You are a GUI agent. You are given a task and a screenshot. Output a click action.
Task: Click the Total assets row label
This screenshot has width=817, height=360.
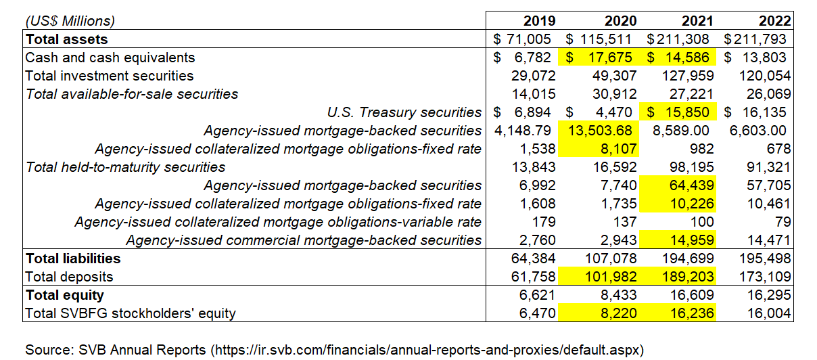click(x=67, y=39)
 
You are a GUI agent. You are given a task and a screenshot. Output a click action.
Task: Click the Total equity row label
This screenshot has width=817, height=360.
click(x=64, y=294)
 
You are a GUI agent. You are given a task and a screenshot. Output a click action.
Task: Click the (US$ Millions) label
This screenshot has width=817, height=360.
click(x=70, y=21)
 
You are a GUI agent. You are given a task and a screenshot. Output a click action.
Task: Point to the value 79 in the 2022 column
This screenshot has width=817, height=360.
click(x=783, y=221)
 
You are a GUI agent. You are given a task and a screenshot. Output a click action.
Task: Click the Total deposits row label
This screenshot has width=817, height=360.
click(x=69, y=276)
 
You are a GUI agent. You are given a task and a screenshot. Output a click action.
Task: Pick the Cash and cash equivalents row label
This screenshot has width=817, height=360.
click(x=110, y=58)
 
